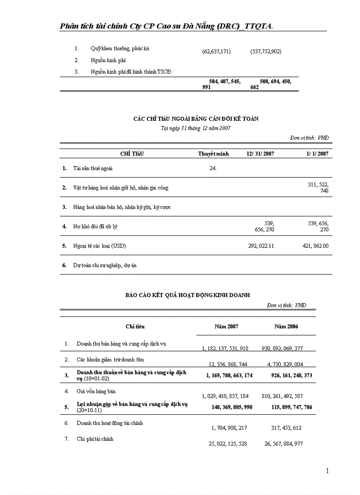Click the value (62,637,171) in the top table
pyautogui.click(x=216, y=52)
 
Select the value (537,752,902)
pyautogui.click(x=266, y=52)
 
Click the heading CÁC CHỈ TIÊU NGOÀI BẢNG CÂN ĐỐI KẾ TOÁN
pyautogui.click(x=196, y=119)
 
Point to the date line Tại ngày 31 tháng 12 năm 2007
pyautogui.click(x=195, y=128)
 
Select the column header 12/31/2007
pyautogui.click(x=260, y=154)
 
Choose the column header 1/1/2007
pyautogui.click(x=317, y=154)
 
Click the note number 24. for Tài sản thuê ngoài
pyautogui.click(x=213, y=168)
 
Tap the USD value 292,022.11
pyautogui.click(x=261, y=246)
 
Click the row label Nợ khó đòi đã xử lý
pyautogui.click(x=95, y=227)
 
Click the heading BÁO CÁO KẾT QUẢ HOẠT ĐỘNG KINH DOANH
pyautogui.click(x=187, y=295)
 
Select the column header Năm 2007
pyautogui.click(x=226, y=327)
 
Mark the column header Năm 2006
pyautogui.click(x=286, y=327)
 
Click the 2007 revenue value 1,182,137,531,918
pyautogui.click(x=225, y=349)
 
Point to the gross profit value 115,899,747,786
pyautogui.click(x=292, y=407)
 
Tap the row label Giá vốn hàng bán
pyautogui.click(x=96, y=391)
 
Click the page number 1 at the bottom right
pyautogui.click(x=327, y=471)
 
